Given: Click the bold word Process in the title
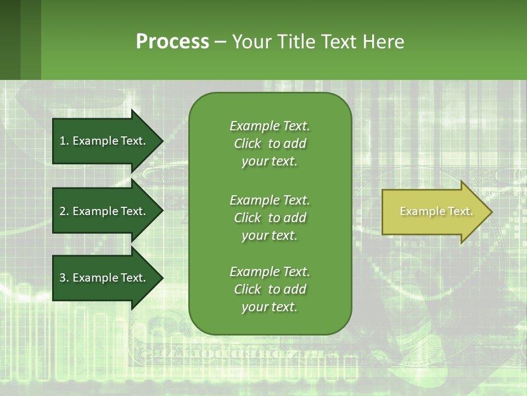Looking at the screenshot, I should tap(172, 42).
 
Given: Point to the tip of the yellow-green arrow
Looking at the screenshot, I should tap(491, 212).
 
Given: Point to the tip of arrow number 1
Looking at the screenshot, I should tap(162, 141).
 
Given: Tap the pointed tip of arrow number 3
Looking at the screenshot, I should tap(162, 278).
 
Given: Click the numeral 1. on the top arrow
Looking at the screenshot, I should tap(64, 141).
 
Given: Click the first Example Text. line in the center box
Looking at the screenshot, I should tap(270, 126).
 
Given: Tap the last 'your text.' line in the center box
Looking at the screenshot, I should tap(270, 307).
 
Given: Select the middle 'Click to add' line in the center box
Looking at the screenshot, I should tap(270, 218).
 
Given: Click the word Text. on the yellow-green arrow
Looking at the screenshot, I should tap(460, 211).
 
